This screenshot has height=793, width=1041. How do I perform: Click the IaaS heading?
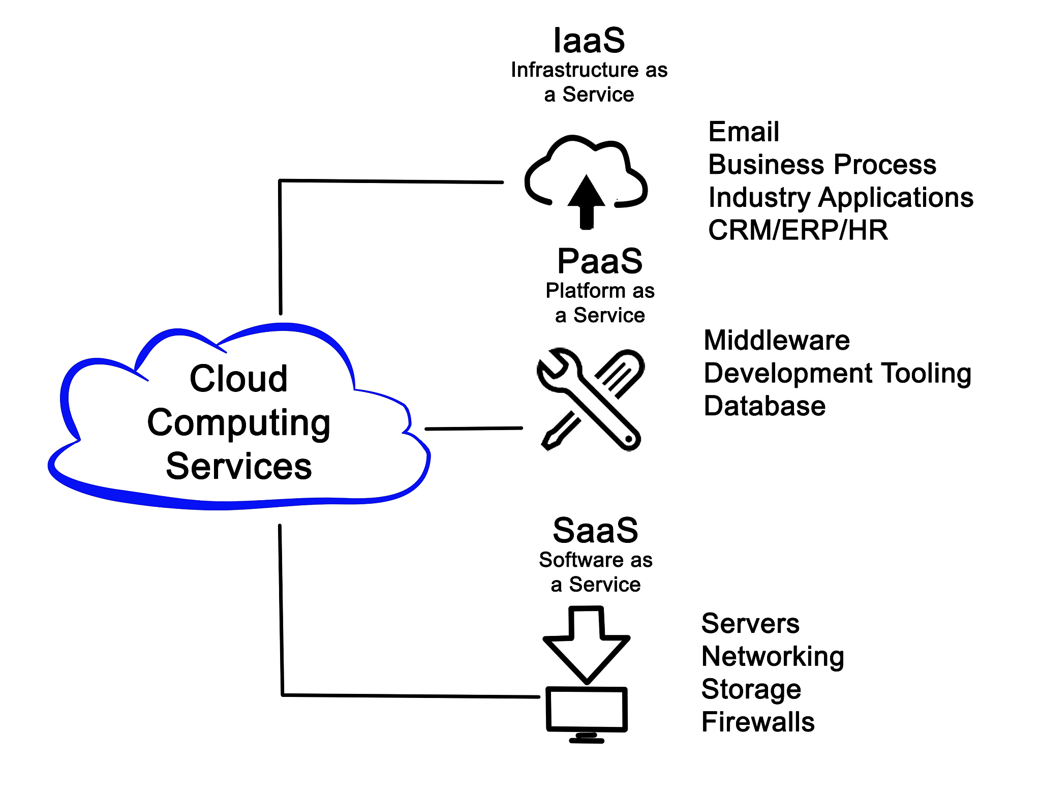tap(589, 41)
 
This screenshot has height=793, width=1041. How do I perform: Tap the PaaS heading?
tap(600, 261)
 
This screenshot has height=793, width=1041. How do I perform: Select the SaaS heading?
tap(595, 530)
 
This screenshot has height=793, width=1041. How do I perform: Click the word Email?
tap(743, 132)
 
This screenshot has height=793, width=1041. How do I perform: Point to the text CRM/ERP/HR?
tap(798, 230)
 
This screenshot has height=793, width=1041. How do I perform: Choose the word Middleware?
tap(776, 341)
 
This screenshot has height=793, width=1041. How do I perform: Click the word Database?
tap(764, 406)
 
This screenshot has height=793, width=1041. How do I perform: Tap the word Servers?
tap(750, 624)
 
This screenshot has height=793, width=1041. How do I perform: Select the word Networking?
tap(773, 657)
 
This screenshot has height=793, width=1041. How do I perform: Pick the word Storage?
tap(751, 690)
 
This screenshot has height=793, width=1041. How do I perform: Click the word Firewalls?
tap(758, 722)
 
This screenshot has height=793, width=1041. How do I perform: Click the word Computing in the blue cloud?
tap(238, 423)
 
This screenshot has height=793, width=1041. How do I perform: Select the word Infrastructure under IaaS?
tap(567, 70)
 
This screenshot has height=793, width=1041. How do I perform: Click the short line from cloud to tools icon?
tap(473, 429)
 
